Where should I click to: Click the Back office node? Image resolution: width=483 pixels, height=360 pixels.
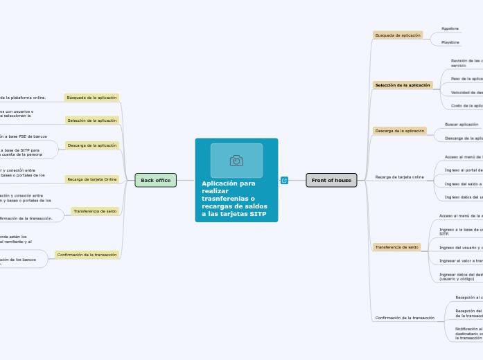pyautogui.click(x=155, y=180)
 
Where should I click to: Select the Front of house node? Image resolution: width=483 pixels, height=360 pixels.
pyautogui.click(x=331, y=180)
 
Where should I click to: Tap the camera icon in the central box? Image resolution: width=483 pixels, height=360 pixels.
pyautogui.click(x=236, y=161)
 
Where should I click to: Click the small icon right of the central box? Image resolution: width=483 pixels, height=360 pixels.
pyautogui.click(x=284, y=180)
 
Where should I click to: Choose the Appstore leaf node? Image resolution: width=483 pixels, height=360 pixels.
pyautogui.click(x=450, y=28)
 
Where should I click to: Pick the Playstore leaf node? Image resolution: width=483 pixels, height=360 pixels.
pyautogui.click(x=450, y=42)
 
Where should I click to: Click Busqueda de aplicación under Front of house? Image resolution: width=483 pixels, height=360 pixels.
pyautogui.click(x=398, y=35)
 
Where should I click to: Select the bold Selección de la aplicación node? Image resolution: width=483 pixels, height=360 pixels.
pyautogui.click(x=403, y=85)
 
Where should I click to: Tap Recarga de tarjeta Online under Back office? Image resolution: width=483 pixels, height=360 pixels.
pyautogui.click(x=92, y=179)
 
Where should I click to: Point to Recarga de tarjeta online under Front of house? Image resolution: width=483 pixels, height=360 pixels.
pyautogui.click(x=399, y=177)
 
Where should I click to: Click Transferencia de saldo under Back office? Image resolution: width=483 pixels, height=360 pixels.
pyautogui.click(x=95, y=211)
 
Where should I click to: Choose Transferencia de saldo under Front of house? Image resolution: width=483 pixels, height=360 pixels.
pyautogui.click(x=397, y=247)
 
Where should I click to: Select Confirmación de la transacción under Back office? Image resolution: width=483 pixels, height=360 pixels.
pyautogui.click(x=87, y=255)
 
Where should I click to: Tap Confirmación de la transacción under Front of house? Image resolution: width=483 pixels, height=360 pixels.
pyautogui.click(x=405, y=318)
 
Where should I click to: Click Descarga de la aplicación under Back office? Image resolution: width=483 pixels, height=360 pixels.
pyautogui.click(x=92, y=145)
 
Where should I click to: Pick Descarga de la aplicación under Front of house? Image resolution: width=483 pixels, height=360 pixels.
pyautogui.click(x=399, y=131)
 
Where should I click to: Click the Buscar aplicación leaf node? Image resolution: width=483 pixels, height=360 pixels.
pyautogui.click(x=462, y=125)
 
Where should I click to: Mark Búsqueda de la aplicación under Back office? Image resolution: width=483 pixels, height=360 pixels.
pyautogui.click(x=91, y=98)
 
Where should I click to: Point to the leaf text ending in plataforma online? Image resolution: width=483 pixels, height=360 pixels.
pyautogui.click(x=24, y=98)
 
